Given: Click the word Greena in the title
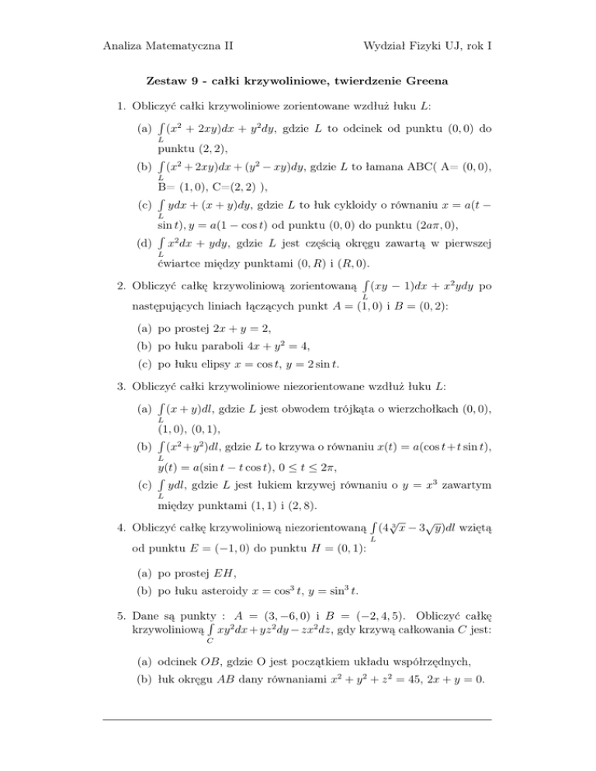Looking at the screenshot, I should (428, 81).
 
